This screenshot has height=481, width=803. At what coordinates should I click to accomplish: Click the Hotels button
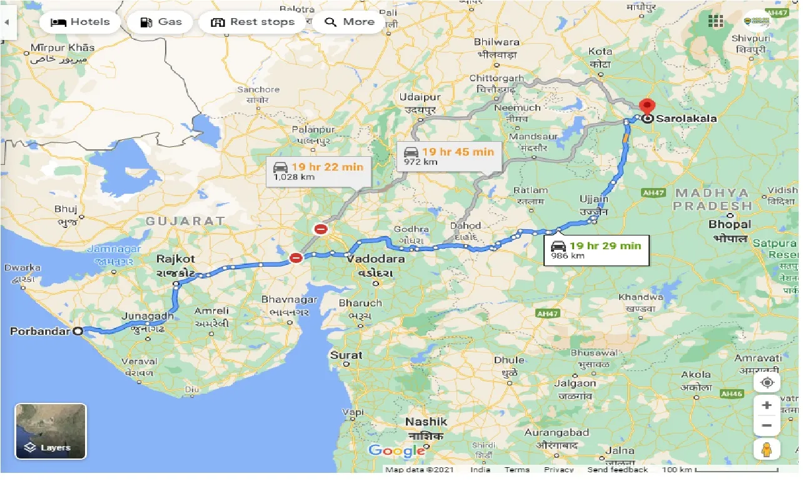79,22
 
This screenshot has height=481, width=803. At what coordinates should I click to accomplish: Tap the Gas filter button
160,22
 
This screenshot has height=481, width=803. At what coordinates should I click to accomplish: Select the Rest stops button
253,22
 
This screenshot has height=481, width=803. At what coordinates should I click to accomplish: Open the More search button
350,22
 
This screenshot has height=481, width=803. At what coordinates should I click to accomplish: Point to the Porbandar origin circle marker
78,332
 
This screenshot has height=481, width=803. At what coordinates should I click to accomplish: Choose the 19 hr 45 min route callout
449,156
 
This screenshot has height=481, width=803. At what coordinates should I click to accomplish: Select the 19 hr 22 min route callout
319,171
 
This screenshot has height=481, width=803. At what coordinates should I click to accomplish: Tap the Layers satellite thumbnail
51,431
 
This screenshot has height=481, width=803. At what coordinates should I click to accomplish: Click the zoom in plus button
767,405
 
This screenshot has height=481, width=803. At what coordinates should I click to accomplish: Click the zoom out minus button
767,426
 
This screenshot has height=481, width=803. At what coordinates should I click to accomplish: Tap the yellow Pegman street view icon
767,450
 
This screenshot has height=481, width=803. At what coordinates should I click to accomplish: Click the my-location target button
767,382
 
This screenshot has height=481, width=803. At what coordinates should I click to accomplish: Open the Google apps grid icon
715,21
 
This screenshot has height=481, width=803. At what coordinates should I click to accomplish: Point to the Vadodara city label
375,259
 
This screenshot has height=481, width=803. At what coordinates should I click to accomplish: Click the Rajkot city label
175,259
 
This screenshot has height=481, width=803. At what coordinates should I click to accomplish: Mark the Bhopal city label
729,224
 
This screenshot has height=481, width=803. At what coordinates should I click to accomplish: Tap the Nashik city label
426,422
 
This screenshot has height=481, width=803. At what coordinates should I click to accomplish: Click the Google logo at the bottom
396,450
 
